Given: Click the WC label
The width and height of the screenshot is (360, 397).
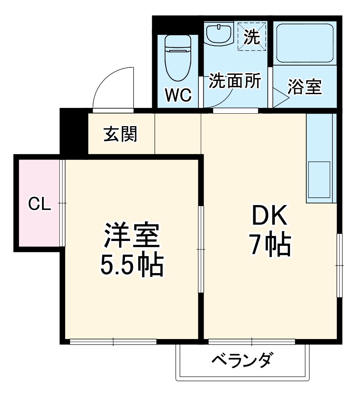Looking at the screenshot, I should pos(178,95).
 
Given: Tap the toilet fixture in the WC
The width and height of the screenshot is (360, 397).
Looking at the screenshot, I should pos(178,57).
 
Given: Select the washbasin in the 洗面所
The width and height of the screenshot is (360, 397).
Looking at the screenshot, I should pos(219,34).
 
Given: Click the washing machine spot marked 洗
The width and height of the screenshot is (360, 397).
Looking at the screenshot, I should pos(252,36).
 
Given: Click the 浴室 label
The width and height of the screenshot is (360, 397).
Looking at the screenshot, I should pos(304,87).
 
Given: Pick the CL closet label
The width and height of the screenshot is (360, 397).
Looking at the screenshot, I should pos(39,205).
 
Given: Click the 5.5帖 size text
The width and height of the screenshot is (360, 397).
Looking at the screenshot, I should pos(131,265).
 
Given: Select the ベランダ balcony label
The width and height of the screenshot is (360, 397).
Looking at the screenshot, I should pos(242,360).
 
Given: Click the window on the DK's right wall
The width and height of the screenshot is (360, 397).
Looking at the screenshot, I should pos(340,265).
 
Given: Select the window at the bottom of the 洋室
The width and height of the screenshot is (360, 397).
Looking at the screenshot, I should pos(113,342).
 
